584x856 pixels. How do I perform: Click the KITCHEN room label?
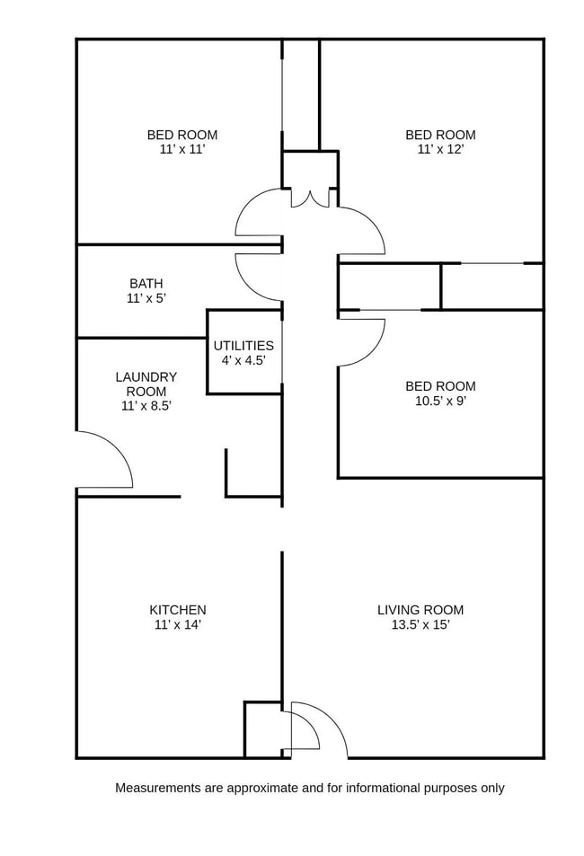pyautogui.click(x=177, y=610)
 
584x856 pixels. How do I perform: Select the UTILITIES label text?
pyautogui.click(x=243, y=346)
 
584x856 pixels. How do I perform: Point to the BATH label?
pyautogui.click(x=146, y=283)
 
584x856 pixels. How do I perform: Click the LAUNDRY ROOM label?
pyautogui.click(x=146, y=384)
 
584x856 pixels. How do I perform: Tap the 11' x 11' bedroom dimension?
pyautogui.click(x=182, y=149)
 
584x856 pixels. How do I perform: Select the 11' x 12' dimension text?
pyautogui.click(x=440, y=149)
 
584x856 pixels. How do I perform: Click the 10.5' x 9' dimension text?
pyautogui.click(x=440, y=402)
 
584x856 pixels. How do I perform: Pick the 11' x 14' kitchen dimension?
pyautogui.click(x=177, y=624)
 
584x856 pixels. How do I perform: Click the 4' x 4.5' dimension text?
pyautogui.click(x=243, y=360)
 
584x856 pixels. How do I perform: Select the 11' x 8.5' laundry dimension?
pyautogui.click(x=146, y=405)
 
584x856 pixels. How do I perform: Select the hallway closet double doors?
pyautogui.click(x=310, y=198)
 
